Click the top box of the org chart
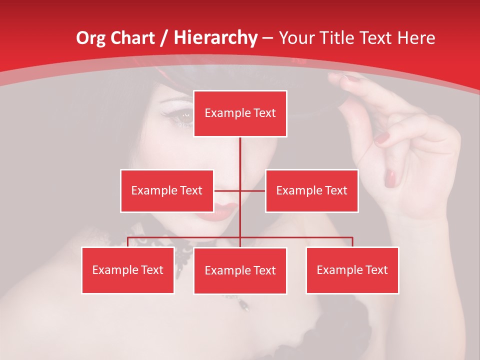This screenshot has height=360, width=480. click(240, 113)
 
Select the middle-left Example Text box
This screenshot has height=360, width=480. click(166, 190)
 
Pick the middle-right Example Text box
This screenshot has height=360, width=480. click(311, 190)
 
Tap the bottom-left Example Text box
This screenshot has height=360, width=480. click(127, 270)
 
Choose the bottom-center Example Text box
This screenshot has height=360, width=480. click(240, 270)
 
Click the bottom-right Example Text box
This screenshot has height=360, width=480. click(352, 270)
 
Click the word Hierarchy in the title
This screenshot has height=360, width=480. click(215, 38)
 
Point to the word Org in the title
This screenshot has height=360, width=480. click(90, 38)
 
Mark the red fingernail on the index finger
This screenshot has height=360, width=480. click(382, 137)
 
